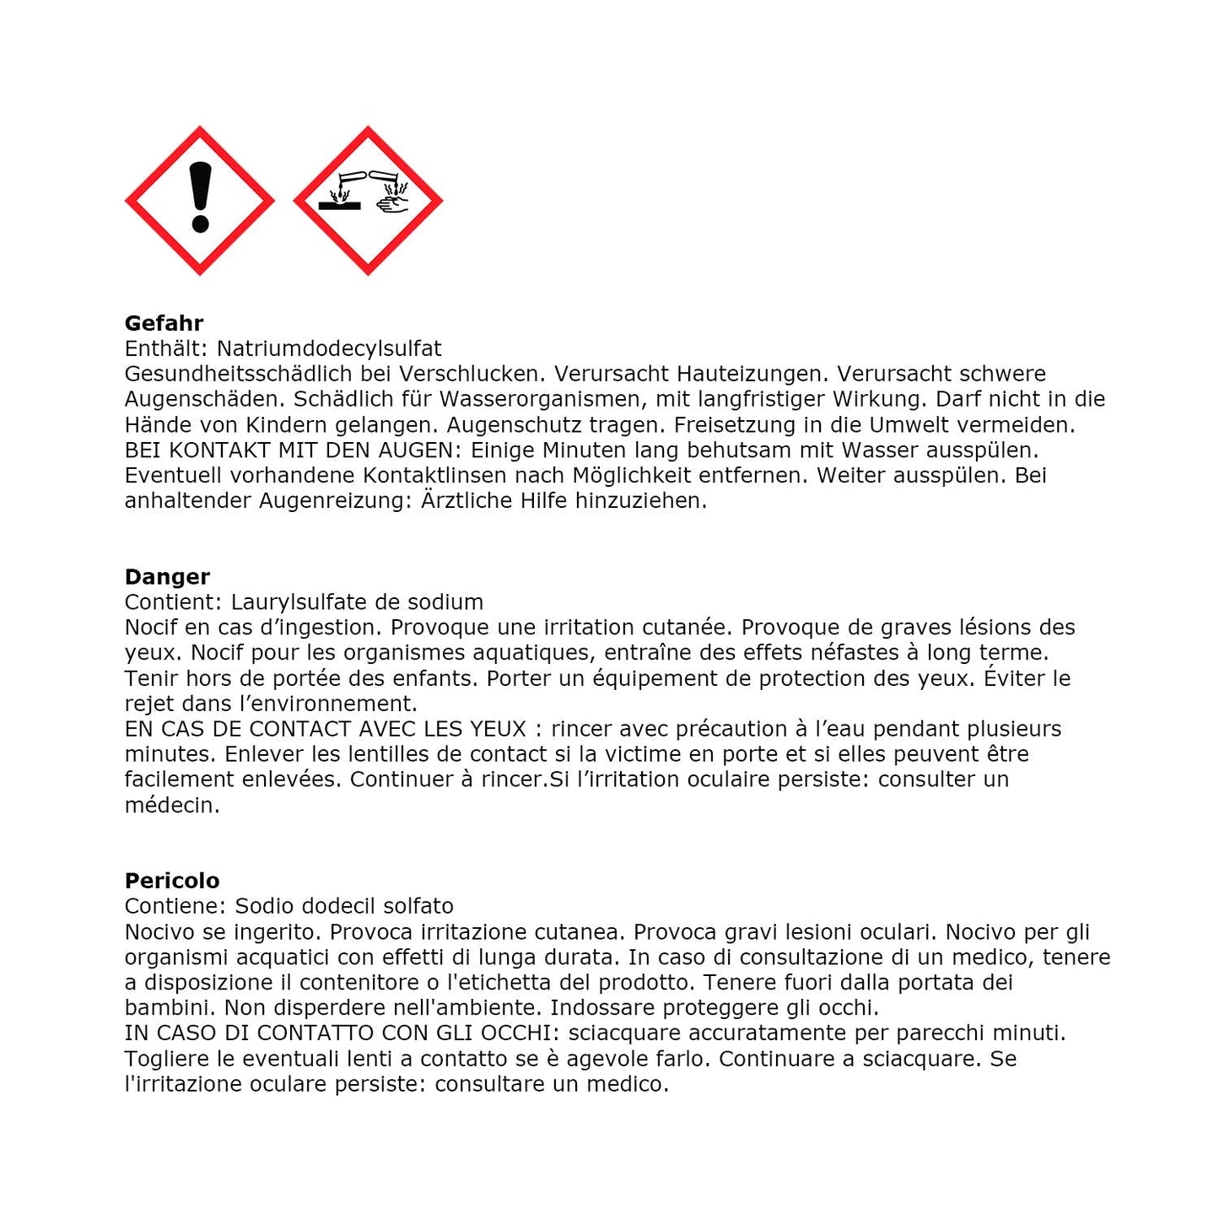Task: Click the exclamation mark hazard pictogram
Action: click(199, 201)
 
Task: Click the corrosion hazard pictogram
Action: click(368, 201)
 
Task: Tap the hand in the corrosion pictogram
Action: click(392, 203)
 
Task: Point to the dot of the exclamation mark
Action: click(200, 224)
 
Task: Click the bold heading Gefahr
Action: click(164, 323)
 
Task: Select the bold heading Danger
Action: click(167, 577)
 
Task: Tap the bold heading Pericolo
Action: click(172, 881)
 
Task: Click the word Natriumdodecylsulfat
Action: click(329, 348)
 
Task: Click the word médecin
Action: click(172, 805)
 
